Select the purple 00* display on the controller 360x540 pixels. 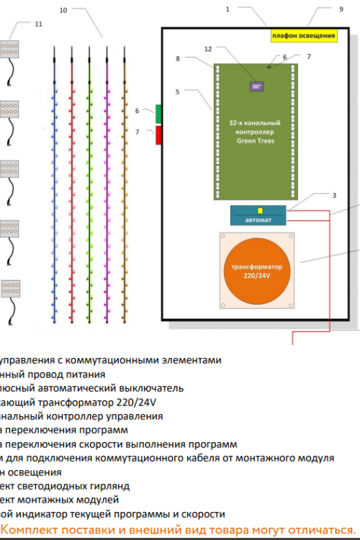[x=256, y=86]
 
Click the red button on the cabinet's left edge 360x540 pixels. [x=158, y=135]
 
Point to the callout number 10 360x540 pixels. [x=63, y=11]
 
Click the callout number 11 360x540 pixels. [x=38, y=24]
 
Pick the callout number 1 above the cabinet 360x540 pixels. [x=228, y=9]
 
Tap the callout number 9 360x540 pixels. [x=341, y=9]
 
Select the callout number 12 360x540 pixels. [x=209, y=49]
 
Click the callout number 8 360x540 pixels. [x=177, y=58]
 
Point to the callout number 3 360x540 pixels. [x=334, y=195]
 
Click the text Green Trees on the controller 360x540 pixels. [x=256, y=141]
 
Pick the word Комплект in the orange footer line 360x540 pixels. [x=33, y=529]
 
